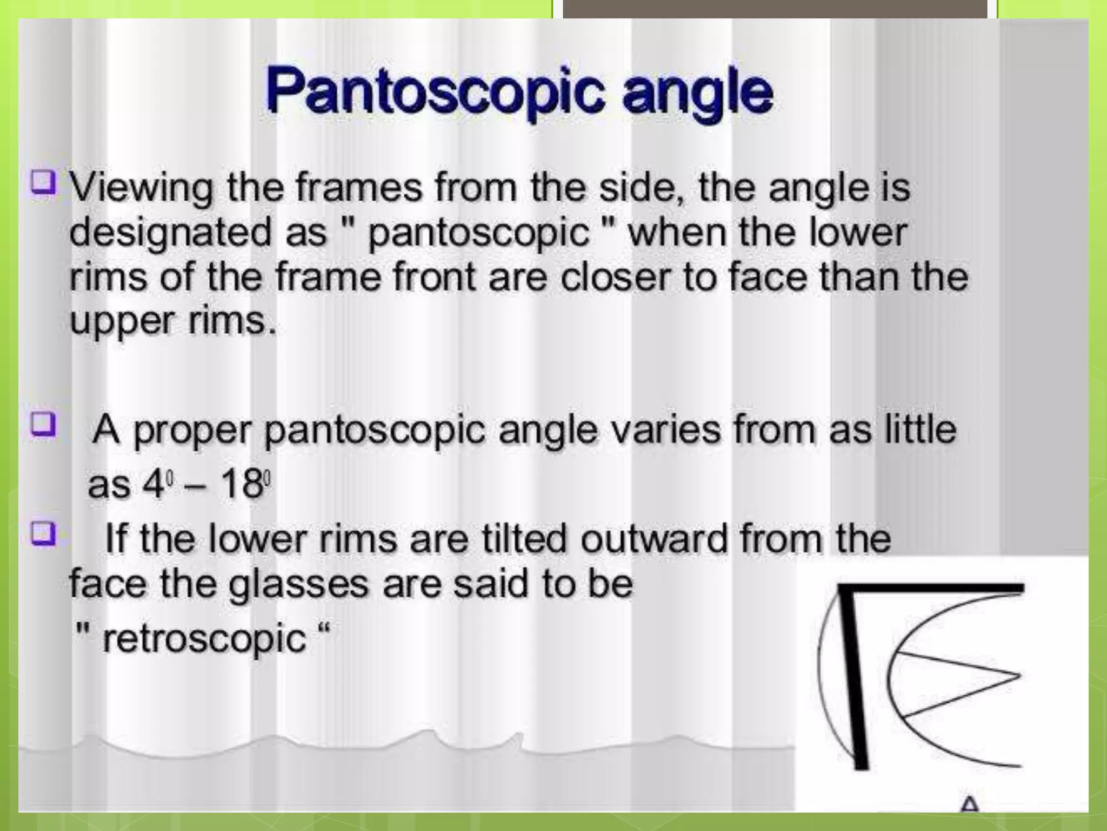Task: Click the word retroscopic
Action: [x=204, y=638]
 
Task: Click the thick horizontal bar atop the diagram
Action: [x=930, y=589]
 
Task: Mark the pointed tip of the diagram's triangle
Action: [x=1019, y=676]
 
